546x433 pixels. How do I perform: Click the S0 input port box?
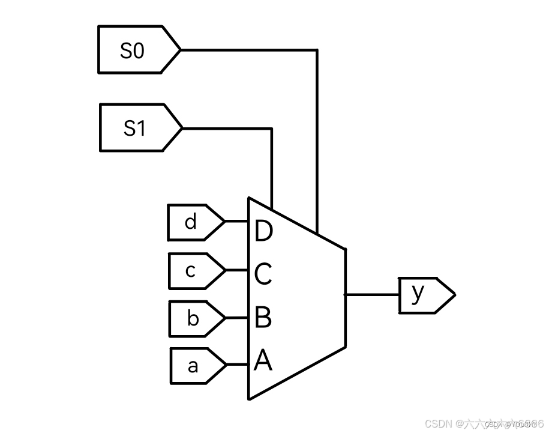tap(136, 50)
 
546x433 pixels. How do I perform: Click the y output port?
tap(423, 295)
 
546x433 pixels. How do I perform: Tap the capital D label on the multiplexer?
tap(263, 231)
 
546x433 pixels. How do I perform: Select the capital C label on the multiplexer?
tap(263, 274)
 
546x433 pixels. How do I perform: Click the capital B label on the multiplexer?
tap(263, 318)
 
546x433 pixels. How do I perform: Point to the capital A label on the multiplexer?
tap(263, 361)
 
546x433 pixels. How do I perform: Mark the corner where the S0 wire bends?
tap(317, 50)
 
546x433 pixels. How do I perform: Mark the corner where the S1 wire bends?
tap(272, 129)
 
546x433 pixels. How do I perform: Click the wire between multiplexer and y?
tap(372, 295)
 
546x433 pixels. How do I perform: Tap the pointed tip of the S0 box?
tap(179, 50)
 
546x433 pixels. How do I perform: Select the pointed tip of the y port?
tap(454, 295)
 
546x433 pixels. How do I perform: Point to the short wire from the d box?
tap(237, 222)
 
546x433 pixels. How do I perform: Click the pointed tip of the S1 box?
tap(181, 128)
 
